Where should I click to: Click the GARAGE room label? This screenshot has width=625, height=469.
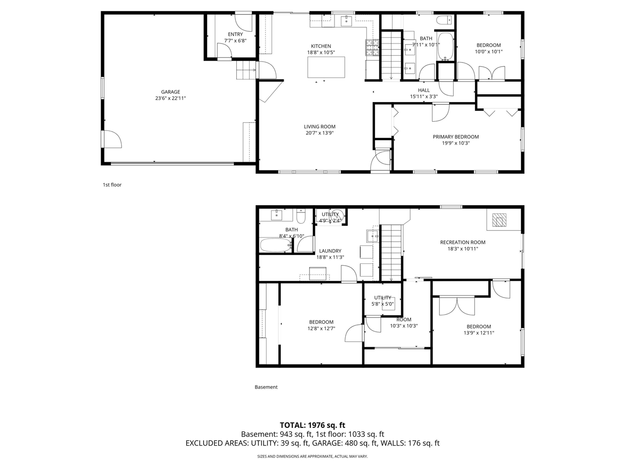(x=170, y=92)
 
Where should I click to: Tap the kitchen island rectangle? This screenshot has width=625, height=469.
(x=326, y=67)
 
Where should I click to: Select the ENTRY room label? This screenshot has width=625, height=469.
(x=235, y=34)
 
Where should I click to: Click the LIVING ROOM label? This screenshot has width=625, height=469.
(x=320, y=127)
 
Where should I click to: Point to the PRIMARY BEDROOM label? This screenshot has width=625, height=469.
(x=456, y=137)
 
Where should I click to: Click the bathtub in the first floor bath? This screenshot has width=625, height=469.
(x=445, y=46)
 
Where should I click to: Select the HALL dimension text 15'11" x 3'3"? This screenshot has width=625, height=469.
(x=423, y=97)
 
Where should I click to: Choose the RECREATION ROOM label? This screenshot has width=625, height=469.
(x=462, y=242)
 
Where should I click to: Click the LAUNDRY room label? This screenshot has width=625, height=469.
(x=330, y=251)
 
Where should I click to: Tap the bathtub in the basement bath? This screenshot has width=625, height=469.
(x=275, y=245)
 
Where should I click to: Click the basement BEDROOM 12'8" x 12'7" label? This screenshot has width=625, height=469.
(x=321, y=322)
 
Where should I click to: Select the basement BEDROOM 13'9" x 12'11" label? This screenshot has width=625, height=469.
(x=478, y=327)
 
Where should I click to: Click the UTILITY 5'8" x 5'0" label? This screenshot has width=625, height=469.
(x=382, y=298)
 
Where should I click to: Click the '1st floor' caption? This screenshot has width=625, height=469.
(x=112, y=185)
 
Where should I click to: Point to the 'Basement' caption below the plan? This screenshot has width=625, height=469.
(x=266, y=387)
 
